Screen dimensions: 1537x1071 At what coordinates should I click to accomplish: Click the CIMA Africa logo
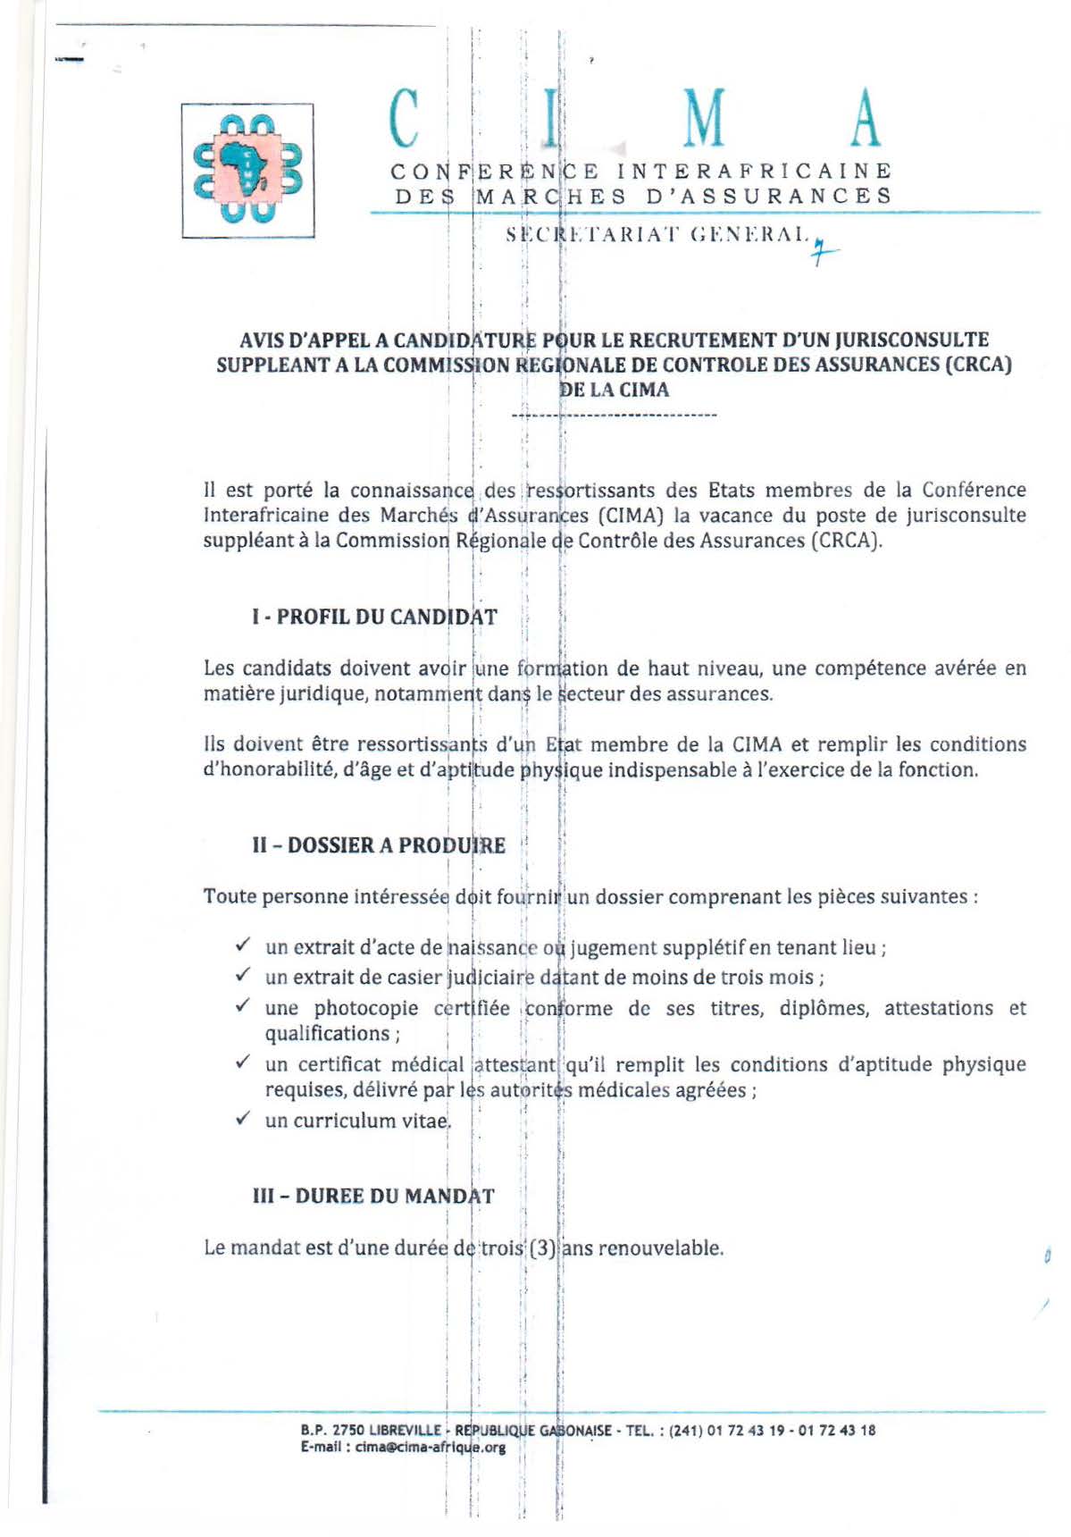247,170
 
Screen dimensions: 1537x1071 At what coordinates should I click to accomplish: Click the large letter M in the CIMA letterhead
705,118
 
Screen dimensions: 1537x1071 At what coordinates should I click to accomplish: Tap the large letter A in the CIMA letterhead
865,118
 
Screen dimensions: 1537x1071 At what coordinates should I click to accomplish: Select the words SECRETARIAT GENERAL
657,236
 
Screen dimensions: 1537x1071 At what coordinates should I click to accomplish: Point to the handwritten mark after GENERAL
823,254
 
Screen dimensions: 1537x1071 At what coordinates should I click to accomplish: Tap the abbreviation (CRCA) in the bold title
977,365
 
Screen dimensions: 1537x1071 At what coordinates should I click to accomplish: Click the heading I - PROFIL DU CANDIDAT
374,617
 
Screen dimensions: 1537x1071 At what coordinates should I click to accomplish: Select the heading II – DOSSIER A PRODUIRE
379,845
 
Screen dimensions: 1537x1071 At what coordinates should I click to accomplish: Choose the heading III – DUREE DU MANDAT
373,1196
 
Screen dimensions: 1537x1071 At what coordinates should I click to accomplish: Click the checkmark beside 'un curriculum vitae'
242,1119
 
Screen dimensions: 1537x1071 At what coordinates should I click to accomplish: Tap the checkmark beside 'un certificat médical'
242,1062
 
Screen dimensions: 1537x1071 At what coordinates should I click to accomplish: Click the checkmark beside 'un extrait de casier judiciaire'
242,976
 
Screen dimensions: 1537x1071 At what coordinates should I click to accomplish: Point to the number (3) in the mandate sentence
543,1247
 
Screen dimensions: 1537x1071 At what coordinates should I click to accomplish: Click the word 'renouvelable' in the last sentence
660,1247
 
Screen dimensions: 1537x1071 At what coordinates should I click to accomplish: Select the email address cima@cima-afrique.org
431,1448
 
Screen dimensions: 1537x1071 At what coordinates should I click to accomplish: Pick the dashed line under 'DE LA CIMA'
615,416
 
